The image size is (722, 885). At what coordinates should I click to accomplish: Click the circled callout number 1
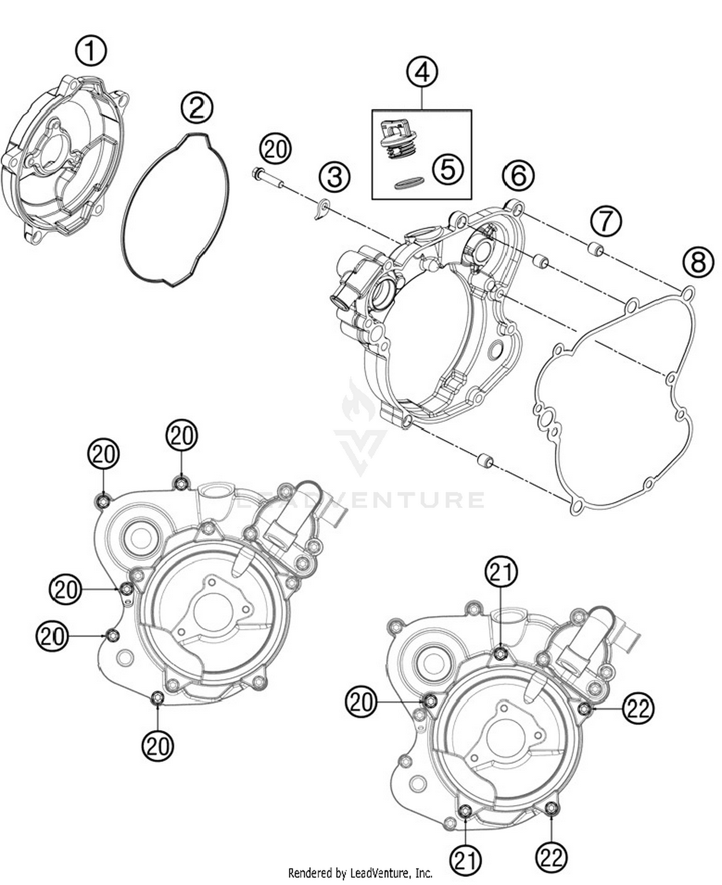[91, 52]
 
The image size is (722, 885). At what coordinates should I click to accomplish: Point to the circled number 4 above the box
[422, 72]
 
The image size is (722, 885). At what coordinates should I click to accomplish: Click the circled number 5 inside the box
[448, 169]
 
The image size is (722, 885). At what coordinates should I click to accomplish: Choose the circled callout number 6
[518, 176]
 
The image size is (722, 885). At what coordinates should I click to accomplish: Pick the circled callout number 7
[606, 221]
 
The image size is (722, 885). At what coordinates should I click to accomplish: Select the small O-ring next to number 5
[409, 183]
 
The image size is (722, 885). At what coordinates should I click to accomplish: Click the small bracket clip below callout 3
[322, 210]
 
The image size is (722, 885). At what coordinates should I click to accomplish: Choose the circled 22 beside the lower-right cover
[638, 708]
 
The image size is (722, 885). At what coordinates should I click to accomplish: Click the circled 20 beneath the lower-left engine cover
[157, 746]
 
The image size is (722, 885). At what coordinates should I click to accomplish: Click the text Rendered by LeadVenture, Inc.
[360, 872]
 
